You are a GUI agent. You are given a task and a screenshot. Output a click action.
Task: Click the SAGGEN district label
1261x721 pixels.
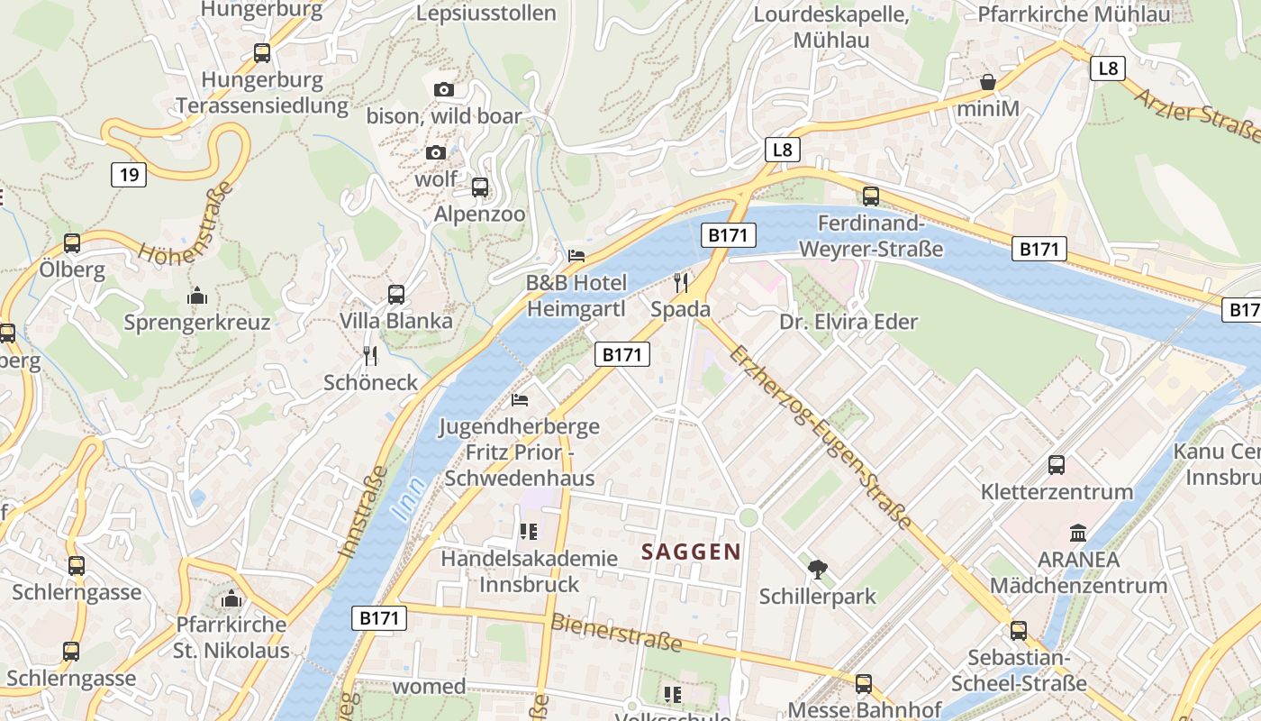pos(691,552)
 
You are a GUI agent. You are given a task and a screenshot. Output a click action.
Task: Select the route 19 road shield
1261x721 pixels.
pos(129,174)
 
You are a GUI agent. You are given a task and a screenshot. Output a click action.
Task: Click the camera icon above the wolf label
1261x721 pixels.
pos(436,152)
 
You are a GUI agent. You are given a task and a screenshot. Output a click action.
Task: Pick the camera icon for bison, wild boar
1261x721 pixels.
pos(444,89)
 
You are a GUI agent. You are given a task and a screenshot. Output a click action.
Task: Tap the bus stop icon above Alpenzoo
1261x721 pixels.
pos(480,187)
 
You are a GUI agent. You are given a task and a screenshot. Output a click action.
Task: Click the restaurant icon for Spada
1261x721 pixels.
pos(681,283)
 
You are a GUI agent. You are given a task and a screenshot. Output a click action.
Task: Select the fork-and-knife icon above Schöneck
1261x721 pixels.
pos(370,356)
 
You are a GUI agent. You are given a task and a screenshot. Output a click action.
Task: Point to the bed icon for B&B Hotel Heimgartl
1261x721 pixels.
pos(576,256)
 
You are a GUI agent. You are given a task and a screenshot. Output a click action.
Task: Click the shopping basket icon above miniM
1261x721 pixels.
pos(988,82)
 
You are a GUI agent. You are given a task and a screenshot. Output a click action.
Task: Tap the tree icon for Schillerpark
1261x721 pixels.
pos(818,569)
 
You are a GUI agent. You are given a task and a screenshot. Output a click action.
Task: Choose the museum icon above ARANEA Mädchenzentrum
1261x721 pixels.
pos(1078,533)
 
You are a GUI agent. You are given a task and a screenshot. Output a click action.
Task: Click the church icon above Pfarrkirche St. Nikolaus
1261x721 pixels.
pos(231,598)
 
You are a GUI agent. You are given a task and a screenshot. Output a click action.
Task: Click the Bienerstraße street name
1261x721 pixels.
pos(616,633)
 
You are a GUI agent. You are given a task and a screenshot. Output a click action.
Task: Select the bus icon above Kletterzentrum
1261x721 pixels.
pos(1057,465)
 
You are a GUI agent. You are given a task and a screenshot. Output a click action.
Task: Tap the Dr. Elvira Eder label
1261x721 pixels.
pos(848,322)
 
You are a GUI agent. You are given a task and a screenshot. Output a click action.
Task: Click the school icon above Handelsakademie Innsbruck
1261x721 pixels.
pos(528,532)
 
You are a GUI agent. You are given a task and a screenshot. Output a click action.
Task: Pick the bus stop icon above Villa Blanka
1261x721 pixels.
pos(396,294)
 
